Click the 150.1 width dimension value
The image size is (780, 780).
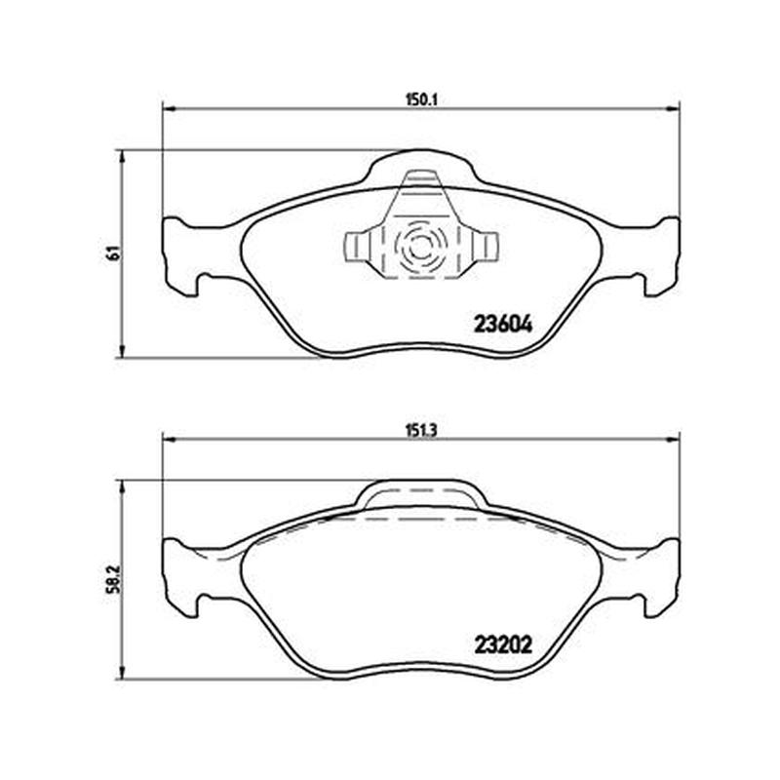(x=421, y=100)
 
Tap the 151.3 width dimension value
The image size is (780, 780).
(x=421, y=430)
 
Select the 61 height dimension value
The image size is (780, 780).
(x=114, y=253)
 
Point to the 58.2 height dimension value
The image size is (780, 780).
(x=114, y=578)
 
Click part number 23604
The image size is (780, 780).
(x=503, y=325)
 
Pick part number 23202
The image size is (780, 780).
(x=503, y=645)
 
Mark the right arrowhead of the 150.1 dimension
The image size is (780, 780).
(x=673, y=107)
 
